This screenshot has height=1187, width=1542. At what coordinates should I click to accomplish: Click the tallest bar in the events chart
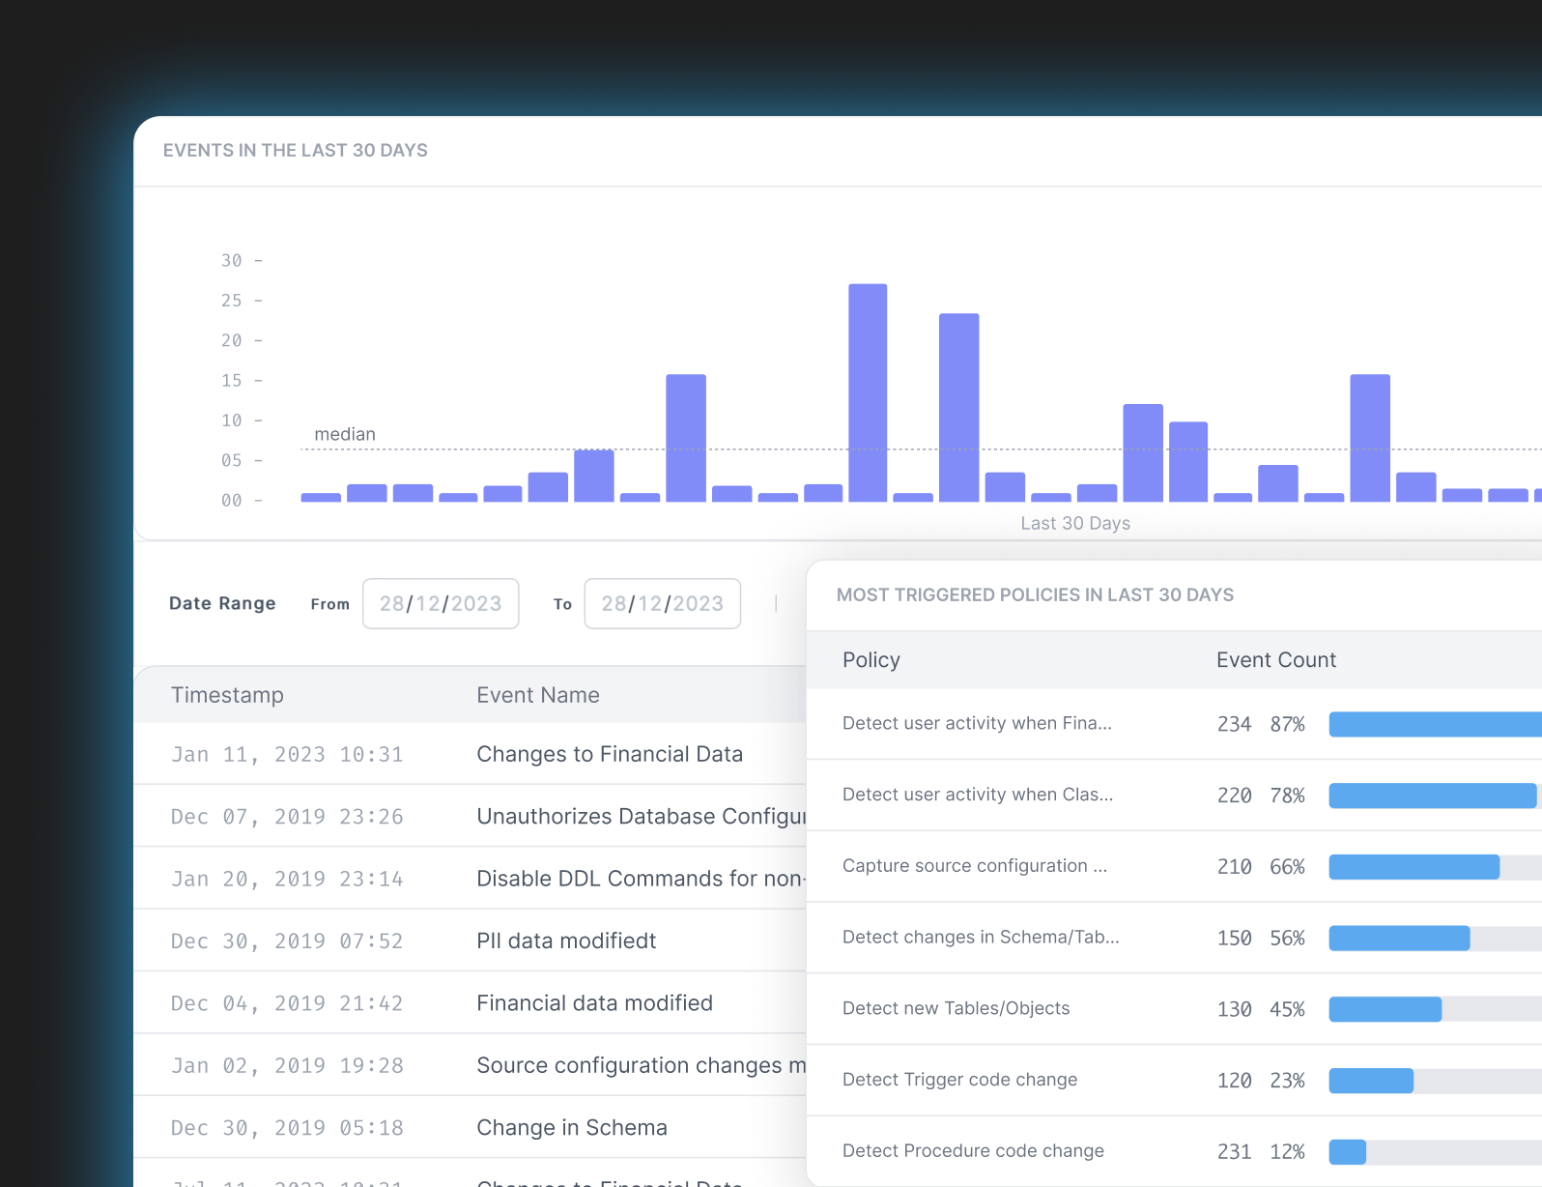point(868,392)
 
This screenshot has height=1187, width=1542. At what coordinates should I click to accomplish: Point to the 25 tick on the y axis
point(232,301)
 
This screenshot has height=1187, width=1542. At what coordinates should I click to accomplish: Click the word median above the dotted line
point(345,434)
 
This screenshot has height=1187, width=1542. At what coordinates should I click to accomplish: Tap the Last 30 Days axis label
point(1075,523)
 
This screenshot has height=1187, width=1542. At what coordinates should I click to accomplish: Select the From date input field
point(441,604)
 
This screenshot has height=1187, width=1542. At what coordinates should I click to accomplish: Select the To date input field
point(663,604)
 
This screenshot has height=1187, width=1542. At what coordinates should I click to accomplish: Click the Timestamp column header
point(227,695)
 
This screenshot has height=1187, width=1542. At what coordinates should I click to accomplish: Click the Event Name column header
point(538,695)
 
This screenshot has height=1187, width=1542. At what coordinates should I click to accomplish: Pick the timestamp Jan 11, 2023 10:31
point(287,755)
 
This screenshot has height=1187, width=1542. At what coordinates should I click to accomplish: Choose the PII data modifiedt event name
point(566,941)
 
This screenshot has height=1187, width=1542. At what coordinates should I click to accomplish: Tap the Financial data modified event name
point(594,1003)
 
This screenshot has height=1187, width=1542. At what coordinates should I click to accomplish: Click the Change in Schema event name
point(572,1128)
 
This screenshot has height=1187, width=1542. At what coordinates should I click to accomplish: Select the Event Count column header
point(1275,660)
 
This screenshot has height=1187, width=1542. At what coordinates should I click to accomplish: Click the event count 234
point(1234,724)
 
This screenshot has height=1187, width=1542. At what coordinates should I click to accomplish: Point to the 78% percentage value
point(1287,796)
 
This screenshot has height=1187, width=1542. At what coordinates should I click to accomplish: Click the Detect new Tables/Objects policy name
point(956,1008)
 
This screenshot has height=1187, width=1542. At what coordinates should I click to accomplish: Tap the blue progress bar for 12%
point(1347,1151)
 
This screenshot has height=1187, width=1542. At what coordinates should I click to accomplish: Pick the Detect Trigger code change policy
point(959,1080)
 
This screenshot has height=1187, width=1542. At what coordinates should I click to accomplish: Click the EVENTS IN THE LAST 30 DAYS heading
point(296,151)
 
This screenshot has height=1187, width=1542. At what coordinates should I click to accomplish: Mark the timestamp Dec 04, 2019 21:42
point(287,1003)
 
